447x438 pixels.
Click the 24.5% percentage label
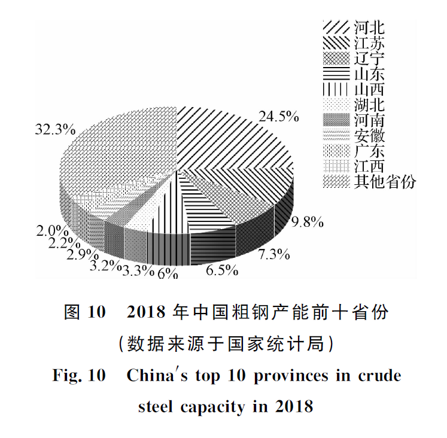pos(278,116)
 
